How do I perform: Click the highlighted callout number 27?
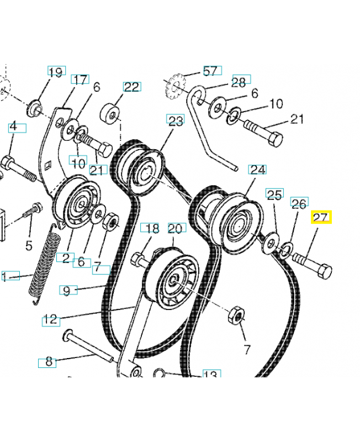(321, 218)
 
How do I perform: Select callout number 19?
(56, 72)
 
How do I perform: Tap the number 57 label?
(211, 71)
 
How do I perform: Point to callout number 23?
(176, 121)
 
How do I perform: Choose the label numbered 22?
(131, 87)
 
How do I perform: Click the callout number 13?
(210, 375)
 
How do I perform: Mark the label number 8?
(49, 362)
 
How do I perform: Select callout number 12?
(51, 320)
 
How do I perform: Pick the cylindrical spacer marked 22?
(110, 114)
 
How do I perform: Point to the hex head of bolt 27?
(324, 272)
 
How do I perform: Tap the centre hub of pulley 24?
(236, 225)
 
